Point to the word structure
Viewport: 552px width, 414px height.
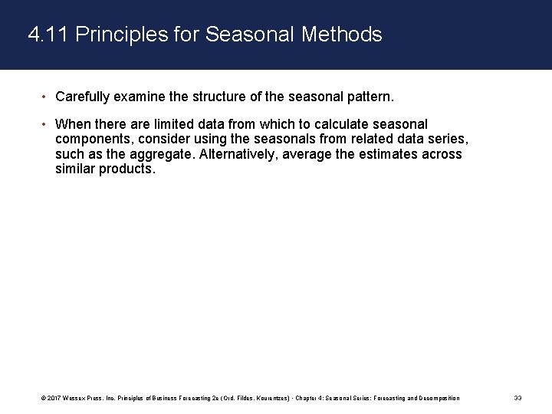tap(201, 97)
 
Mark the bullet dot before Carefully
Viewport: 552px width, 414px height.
tap(44, 97)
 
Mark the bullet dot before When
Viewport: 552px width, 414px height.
tap(44, 123)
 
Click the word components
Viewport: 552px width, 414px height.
tap(93, 139)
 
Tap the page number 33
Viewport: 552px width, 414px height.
tap(517, 398)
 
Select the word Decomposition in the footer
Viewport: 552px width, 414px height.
tap(439, 398)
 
